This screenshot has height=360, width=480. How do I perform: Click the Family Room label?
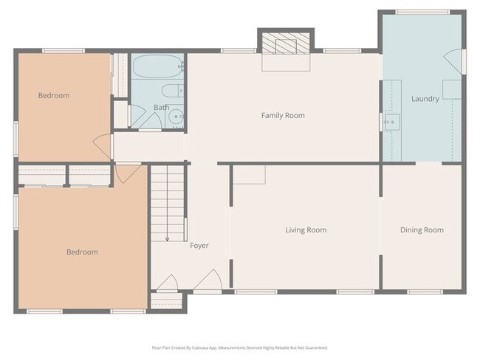pyautogui.click(x=283, y=116)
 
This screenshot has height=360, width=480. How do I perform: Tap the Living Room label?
pyautogui.click(x=306, y=230)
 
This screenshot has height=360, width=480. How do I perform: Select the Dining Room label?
pyautogui.click(x=422, y=230)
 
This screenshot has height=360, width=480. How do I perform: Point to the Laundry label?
pyautogui.click(x=425, y=99)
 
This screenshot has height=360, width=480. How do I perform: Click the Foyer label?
pyautogui.click(x=199, y=246)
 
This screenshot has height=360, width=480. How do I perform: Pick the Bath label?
pyautogui.click(x=161, y=108)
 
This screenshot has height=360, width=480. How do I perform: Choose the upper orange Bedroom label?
pyautogui.click(x=54, y=96)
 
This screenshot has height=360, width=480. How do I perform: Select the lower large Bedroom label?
pyautogui.click(x=82, y=252)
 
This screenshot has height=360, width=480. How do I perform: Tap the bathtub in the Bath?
pyautogui.click(x=157, y=69)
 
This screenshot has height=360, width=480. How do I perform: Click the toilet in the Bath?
pyautogui.click(x=171, y=91)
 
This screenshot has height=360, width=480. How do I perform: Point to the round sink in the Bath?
pyautogui.click(x=176, y=117)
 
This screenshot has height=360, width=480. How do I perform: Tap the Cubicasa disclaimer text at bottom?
pyautogui.click(x=240, y=347)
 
